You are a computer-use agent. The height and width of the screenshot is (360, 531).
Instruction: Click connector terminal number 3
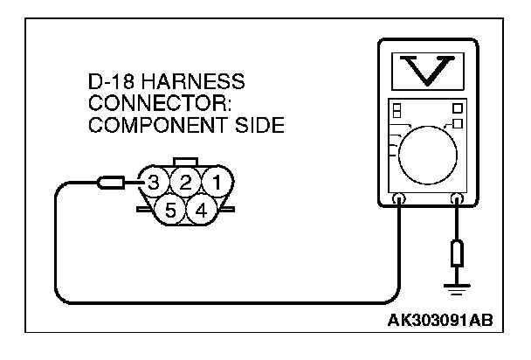[154, 183]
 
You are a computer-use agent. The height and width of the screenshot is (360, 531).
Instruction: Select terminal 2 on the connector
[185, 183]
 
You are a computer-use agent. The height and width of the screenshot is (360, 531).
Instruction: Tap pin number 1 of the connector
[216, 183]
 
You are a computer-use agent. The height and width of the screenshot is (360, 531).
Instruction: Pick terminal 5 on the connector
[169, 210]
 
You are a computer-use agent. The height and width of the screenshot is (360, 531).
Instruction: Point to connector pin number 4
[201, 210]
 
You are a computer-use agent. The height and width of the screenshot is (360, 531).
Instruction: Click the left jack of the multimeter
[400, 200]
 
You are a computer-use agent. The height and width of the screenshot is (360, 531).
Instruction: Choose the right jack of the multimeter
[456, 200]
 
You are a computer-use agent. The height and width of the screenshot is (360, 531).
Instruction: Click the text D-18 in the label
[111, 83]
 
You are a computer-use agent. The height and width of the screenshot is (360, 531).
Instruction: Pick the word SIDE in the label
[261, 125]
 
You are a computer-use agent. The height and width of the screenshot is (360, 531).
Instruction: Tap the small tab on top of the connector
[185, 162]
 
